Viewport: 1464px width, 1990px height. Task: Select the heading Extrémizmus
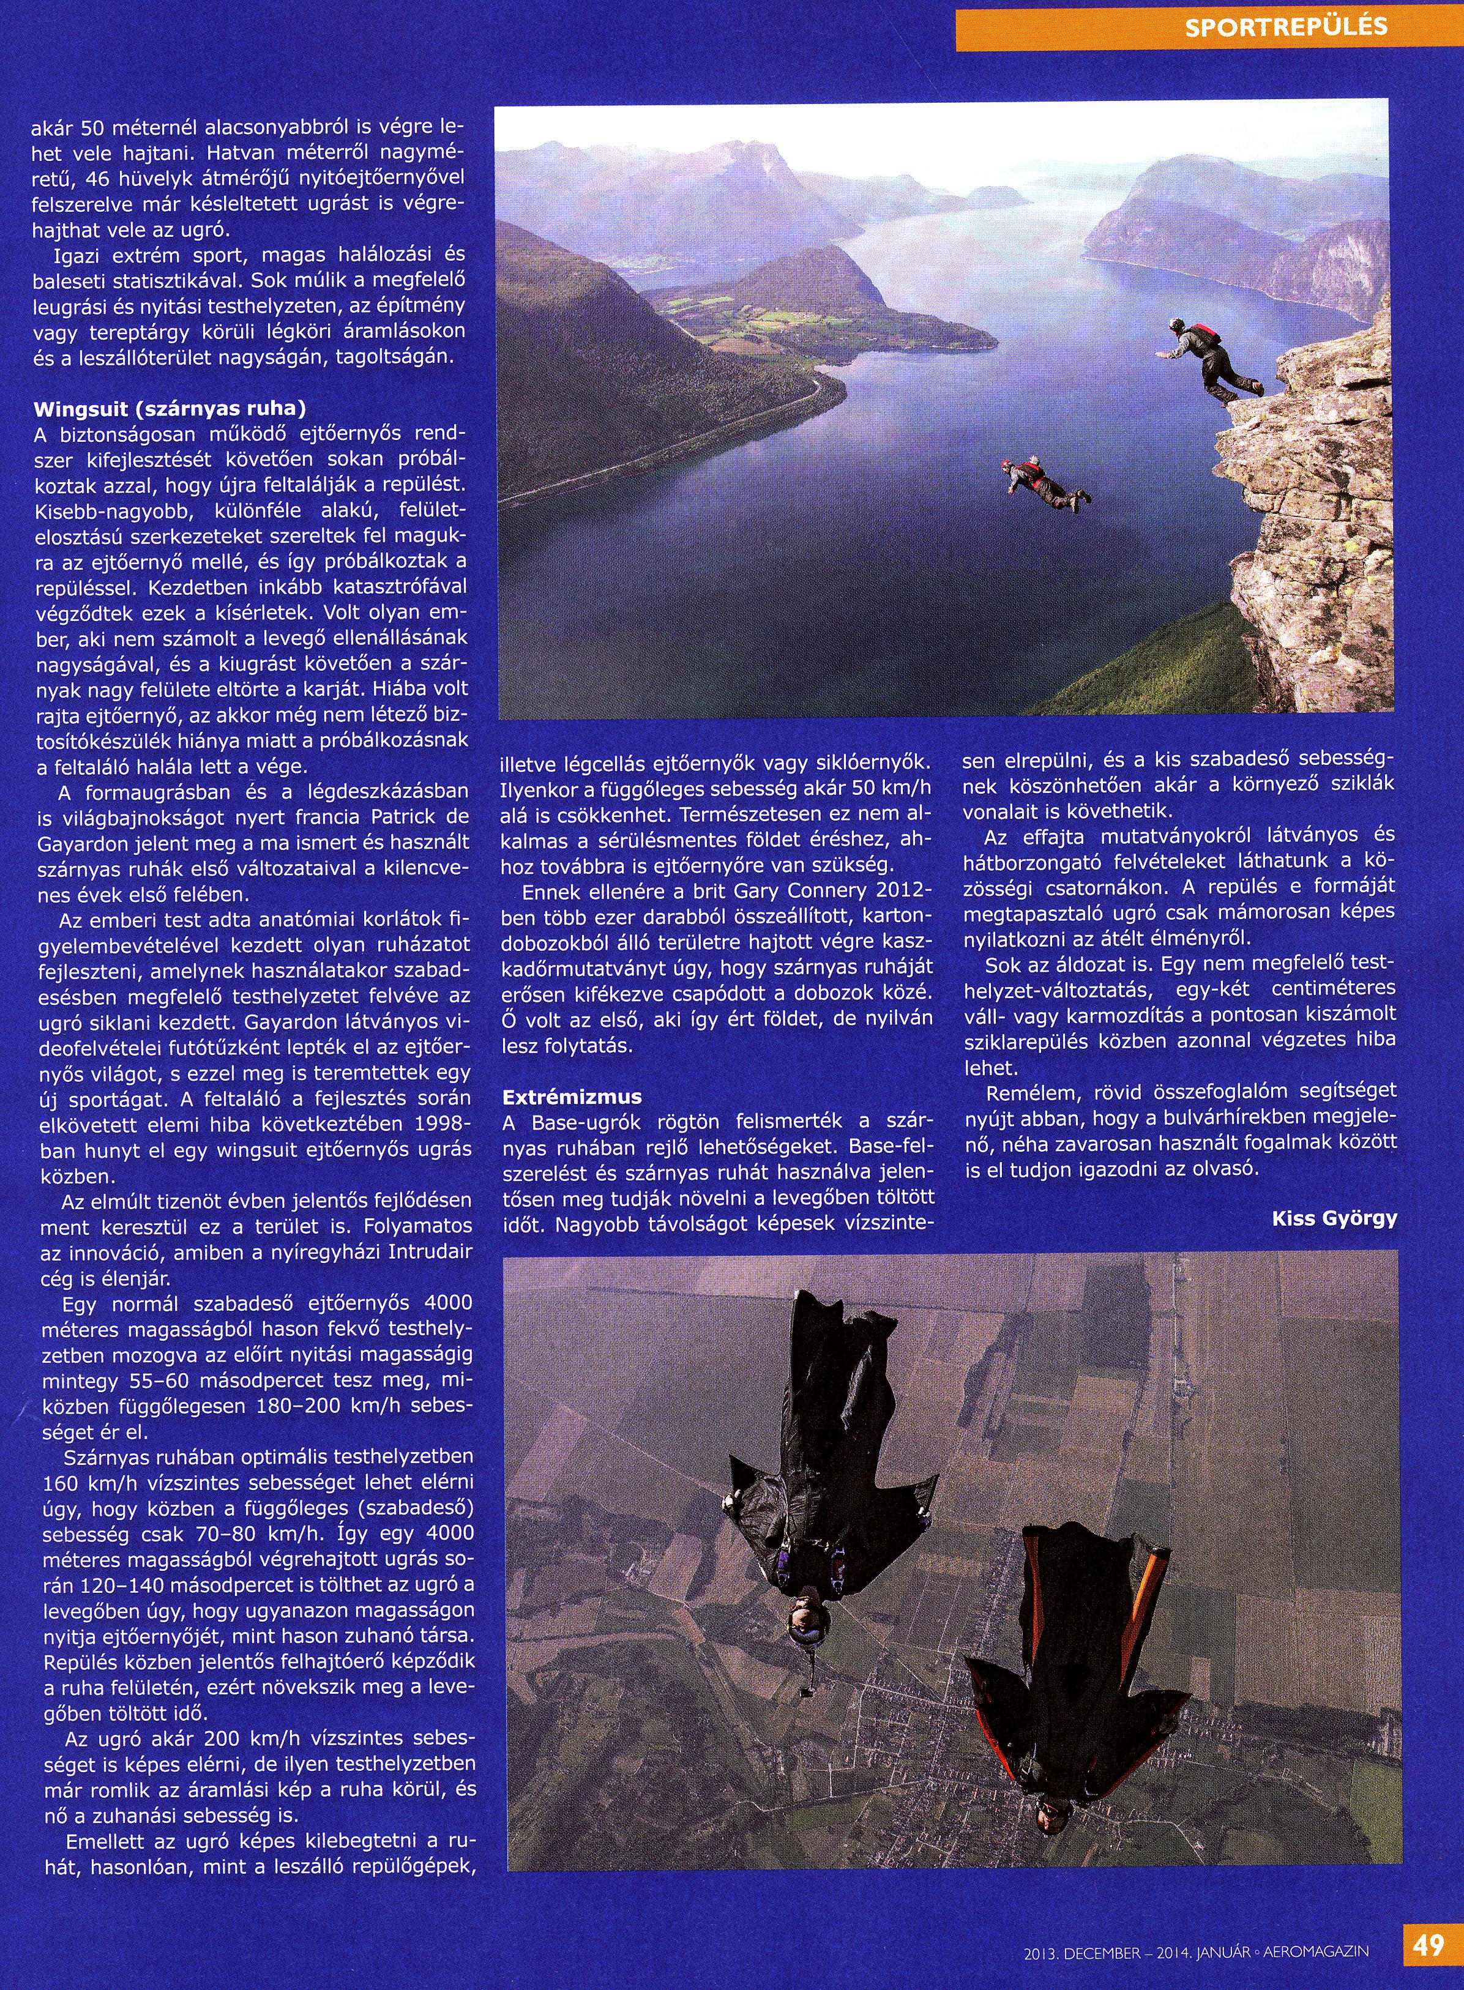(x=572, y=1097)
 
